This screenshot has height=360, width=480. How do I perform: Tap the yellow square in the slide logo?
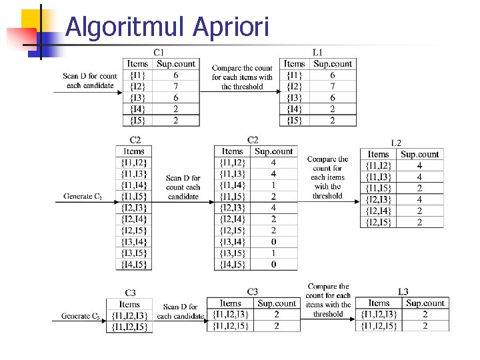tap(31, 19)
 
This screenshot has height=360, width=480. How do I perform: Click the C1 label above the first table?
tap(159, 53)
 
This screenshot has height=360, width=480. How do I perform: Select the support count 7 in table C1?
tap(176, 86)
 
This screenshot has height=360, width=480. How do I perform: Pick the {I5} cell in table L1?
tap(294, 120)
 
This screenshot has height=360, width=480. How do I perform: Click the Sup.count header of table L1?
tap(333, 64)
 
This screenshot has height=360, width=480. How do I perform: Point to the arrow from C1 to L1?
tap(240, 91)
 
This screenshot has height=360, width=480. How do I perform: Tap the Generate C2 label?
tap(83, 196)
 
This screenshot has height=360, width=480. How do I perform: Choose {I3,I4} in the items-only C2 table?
tap(134, 242)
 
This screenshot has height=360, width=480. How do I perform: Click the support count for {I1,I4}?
tap(273, 185)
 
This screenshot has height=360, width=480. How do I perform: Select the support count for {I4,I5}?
tap(274, 265)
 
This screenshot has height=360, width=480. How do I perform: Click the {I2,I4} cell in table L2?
tap(379, 211)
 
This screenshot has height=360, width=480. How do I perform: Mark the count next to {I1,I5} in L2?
tap(419, 188)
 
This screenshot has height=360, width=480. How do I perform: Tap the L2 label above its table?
tap(396, 143)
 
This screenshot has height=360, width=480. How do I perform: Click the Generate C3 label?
tap(81, 316)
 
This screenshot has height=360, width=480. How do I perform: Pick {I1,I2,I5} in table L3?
tap(379, 326)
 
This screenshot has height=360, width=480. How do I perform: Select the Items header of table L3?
tap(379, 303)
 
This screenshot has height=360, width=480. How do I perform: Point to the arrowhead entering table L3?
tap(353, 319)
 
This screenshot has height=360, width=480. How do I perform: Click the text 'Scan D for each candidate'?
tap(180, 311)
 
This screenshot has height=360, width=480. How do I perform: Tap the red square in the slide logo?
tap(22, 37)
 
